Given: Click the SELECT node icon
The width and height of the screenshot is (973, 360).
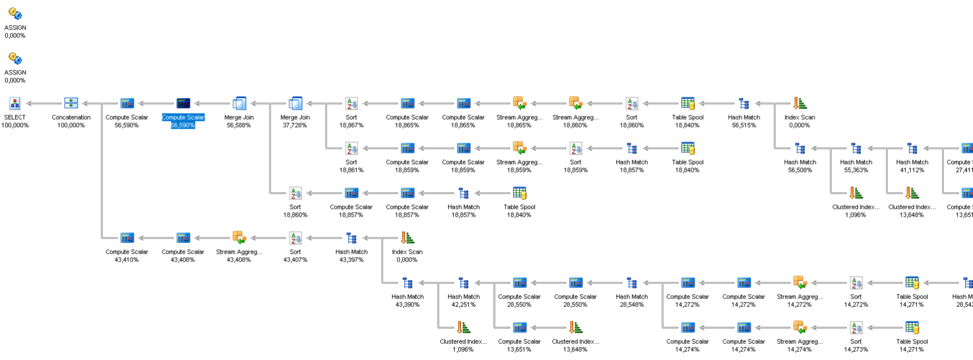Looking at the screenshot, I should coord(15,104).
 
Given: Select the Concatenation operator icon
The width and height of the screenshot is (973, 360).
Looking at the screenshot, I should coord(71,104).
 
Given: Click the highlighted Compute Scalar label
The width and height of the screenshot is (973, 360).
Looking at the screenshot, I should coord(183,118).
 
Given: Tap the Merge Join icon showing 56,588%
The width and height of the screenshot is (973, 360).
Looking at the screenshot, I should coord(239,104).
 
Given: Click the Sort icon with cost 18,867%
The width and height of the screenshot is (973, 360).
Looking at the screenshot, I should coord(351,104).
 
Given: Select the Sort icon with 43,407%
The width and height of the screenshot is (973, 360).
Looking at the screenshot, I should coord(295,238).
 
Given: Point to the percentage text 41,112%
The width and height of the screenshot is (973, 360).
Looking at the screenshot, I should coord(911,170).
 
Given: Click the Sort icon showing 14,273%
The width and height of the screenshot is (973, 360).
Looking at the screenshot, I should coord(855,328).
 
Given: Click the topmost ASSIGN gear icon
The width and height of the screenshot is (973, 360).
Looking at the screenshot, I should coord(15,14).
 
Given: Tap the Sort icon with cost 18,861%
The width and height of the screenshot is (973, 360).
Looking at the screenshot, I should coord(351,148).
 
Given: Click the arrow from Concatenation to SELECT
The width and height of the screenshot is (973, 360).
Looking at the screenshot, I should coord(43,104).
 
